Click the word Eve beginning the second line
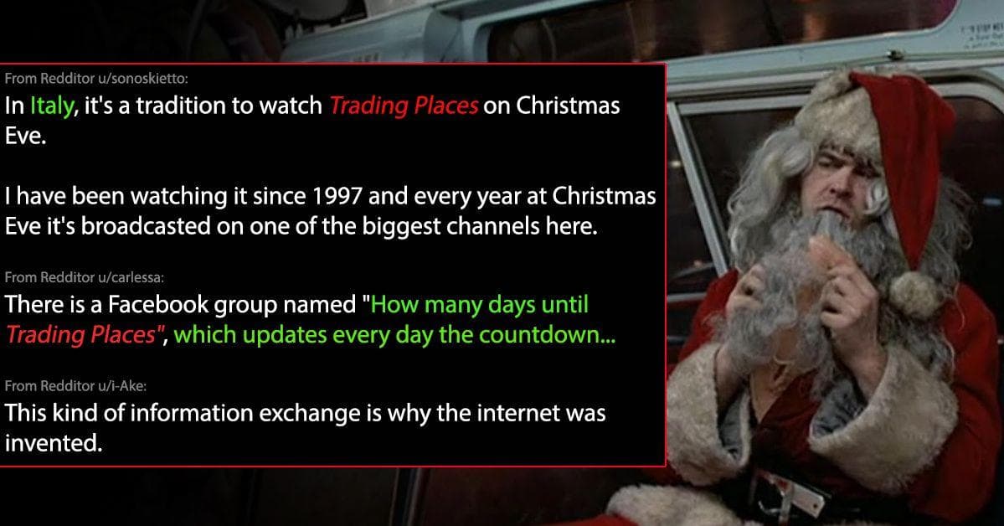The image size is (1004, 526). pos(23,137)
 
